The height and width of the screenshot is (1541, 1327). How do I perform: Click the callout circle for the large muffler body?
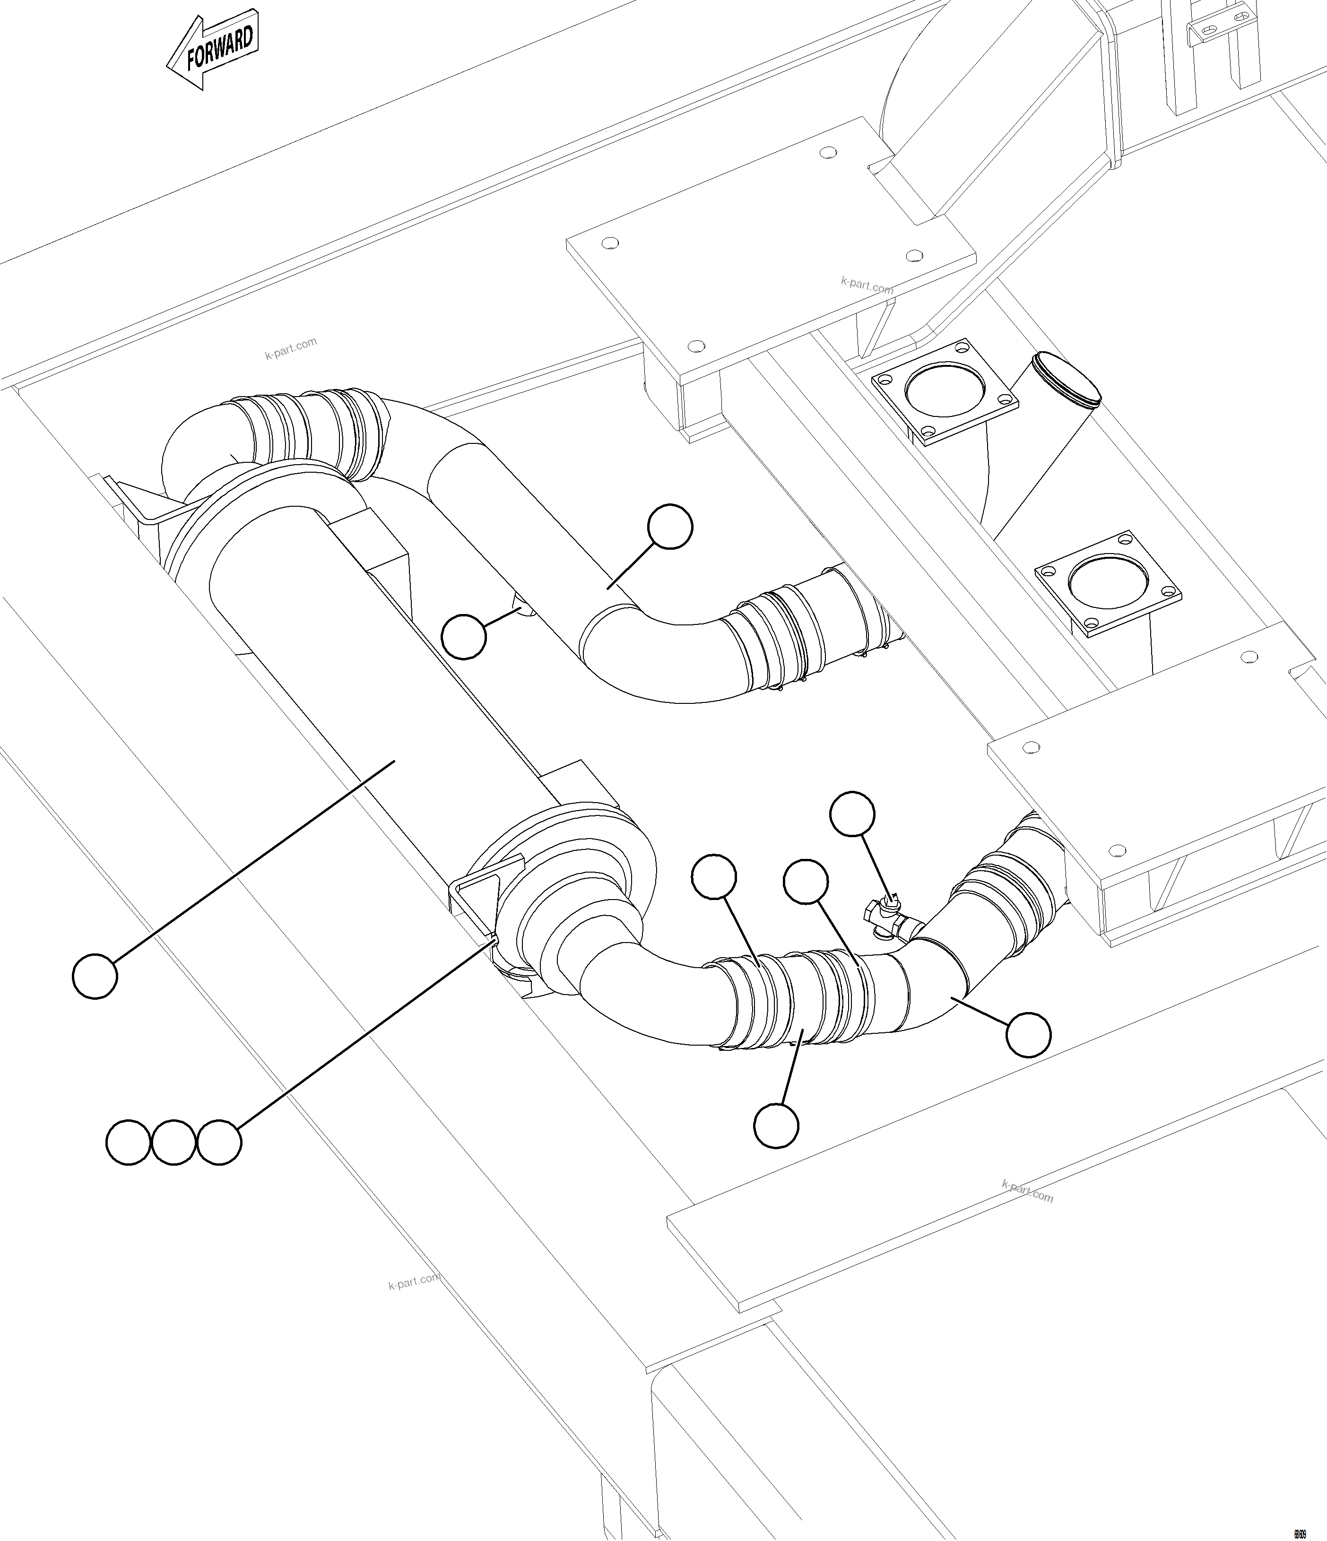click(x=95, y=976)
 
